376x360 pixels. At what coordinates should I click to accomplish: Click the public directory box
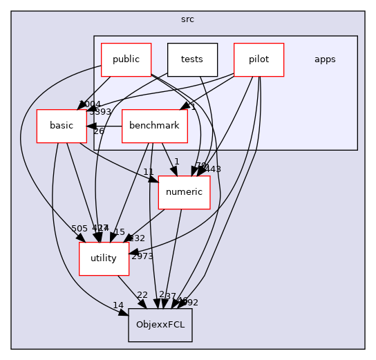(x=126, y=59)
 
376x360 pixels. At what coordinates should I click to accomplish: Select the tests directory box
(x=192, y=59)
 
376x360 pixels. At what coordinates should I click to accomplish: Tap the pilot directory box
(x=258, y=59)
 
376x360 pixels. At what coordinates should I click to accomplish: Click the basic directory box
(x=62, y=126)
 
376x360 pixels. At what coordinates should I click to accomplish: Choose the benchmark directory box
(x=155, y=126)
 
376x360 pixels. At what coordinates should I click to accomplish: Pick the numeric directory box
(x=184, y=192)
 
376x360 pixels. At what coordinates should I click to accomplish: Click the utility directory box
(x=104, y=258)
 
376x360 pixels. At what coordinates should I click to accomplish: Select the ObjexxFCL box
(x=160, y=325)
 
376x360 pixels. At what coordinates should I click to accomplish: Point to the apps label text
(x=325, y=59)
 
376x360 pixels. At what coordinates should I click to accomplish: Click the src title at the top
(x=187, y=19)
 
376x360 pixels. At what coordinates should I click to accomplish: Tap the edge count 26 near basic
(x=99, y=131)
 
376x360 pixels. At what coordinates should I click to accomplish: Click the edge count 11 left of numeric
(x=149, y=171)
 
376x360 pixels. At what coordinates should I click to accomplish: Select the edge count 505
(x=79, y=229)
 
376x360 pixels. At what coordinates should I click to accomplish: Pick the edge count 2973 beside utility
(x=142, y=256)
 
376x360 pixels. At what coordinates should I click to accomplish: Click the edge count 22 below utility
(x=142, y=295)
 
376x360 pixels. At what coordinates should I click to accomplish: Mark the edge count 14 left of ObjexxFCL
(x=118, y=305)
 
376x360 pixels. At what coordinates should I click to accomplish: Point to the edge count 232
(x=138, y=238)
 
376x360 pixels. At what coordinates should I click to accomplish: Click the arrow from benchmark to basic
(x=104, y=126)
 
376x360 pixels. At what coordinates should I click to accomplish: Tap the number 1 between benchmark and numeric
(x=176, y=162)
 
